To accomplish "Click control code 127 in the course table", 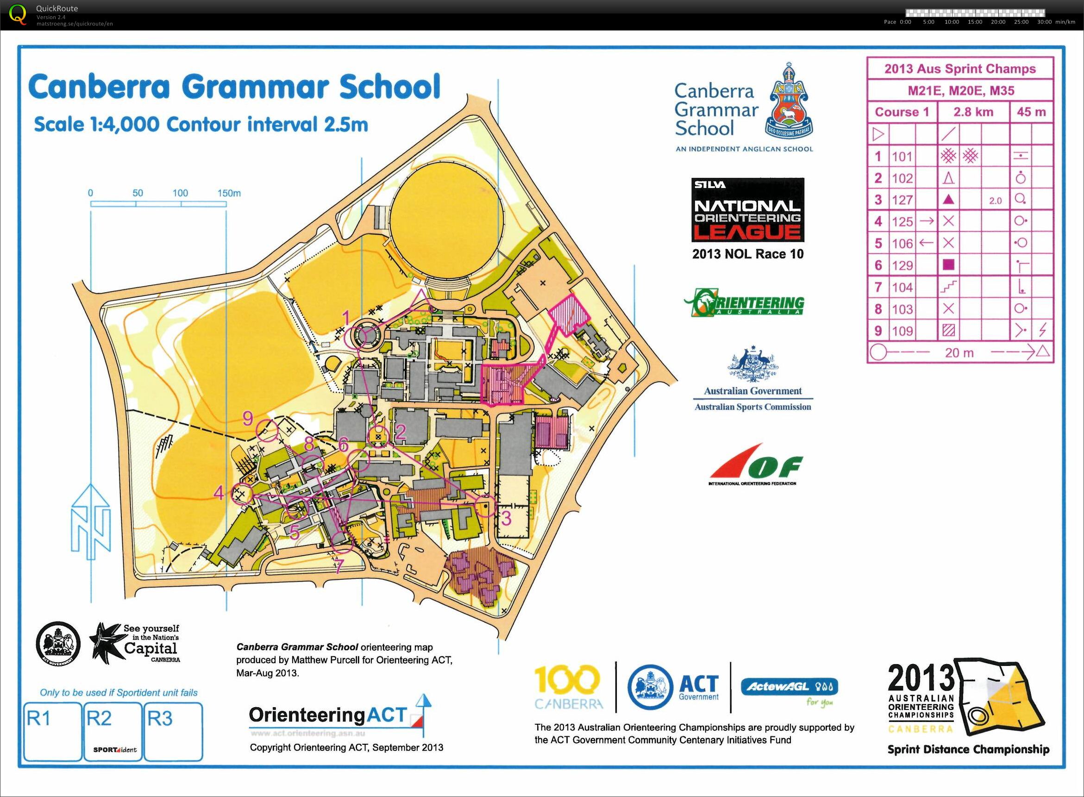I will coord(902,200).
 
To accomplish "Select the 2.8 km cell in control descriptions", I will coord(973,112).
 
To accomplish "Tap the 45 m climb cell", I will coord(1031,112).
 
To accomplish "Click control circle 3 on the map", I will coord(485,506).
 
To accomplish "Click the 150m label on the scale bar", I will coord(229,193).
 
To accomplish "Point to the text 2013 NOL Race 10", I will coord(748,254).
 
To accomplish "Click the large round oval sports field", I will coord(446,220).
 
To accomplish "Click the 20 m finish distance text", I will coord(959,353).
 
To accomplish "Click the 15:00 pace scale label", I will coord(975,22).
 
